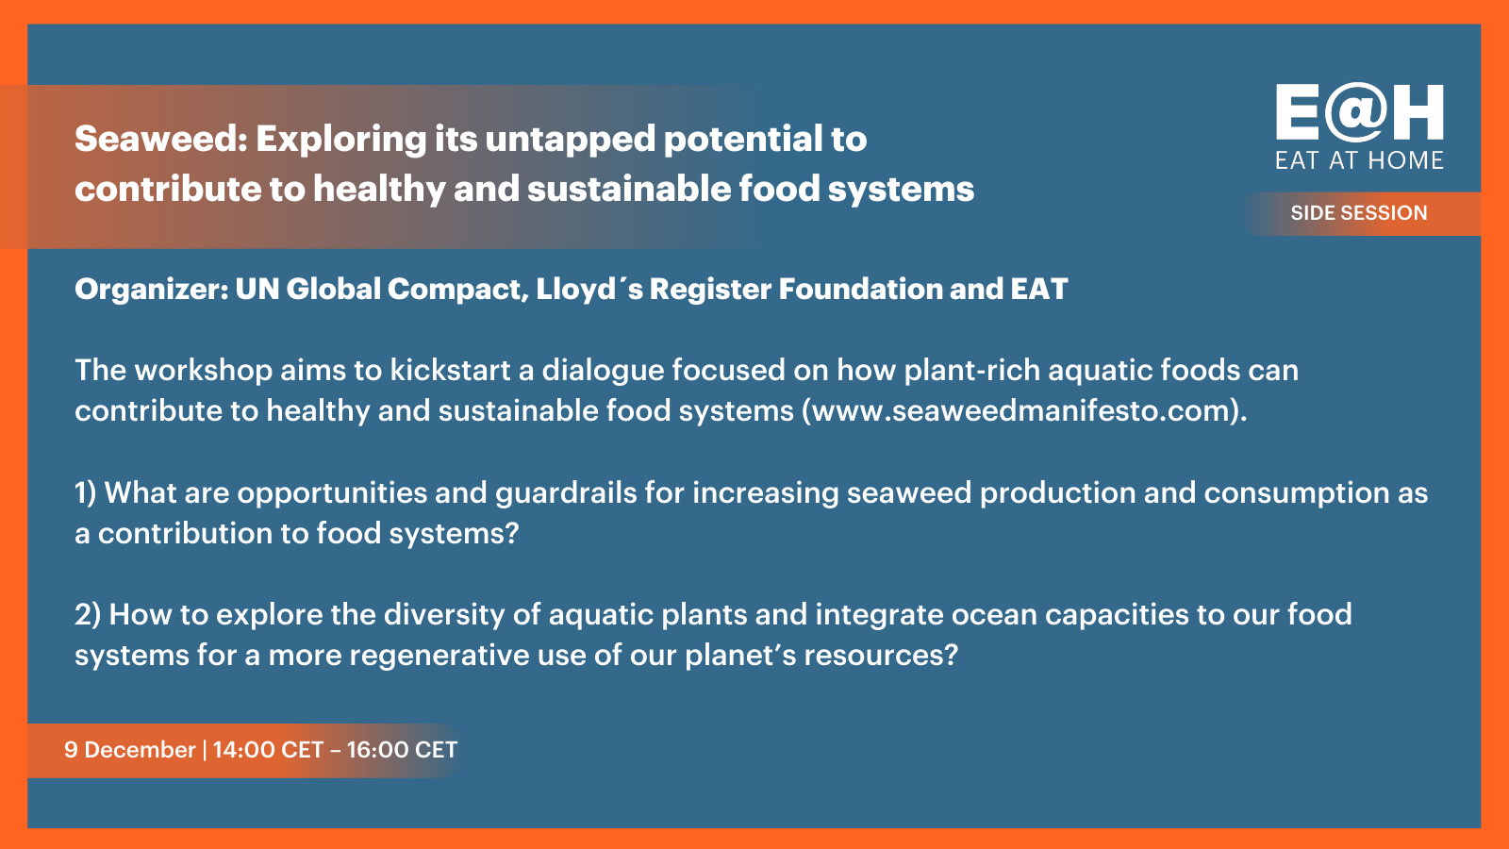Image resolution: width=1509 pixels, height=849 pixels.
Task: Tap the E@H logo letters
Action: tap(1359, 112)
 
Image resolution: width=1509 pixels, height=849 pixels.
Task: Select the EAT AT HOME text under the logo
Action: tap(1359, 160)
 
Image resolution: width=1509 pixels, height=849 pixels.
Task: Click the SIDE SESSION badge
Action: tap(1359, 213)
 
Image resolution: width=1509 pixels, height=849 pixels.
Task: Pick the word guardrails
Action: tap(566, 493)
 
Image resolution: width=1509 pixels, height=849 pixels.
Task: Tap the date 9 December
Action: tap(129, 750)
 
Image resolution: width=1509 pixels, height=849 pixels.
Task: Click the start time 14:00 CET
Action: tap(268, 750)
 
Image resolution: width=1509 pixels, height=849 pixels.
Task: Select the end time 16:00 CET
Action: tap(402, 750)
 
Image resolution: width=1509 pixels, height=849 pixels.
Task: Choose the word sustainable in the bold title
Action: tap(628, 189)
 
